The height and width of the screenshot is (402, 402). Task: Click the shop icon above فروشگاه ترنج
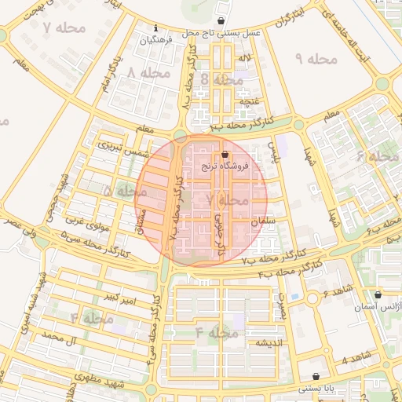click(x=226, y=155)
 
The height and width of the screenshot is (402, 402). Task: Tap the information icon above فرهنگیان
click(x=155, y=28)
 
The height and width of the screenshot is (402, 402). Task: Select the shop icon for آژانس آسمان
click(x=378, y=295)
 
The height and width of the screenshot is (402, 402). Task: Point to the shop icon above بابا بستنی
click(x=316, y=377)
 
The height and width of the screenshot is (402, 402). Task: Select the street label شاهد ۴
click(x=356, y=360)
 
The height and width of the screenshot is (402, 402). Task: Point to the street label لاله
click(x=245, y=59)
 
